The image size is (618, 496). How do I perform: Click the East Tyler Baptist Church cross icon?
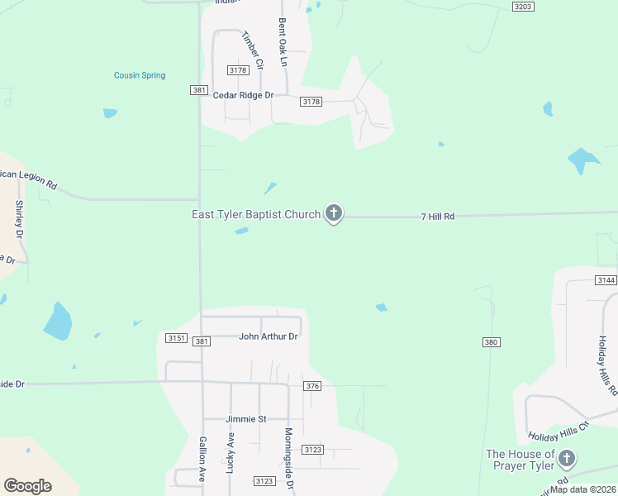pos(333,214)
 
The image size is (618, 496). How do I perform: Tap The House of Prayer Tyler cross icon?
pos(566,459)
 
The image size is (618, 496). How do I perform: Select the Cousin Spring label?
pos(140,75)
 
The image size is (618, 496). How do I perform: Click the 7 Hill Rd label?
pos(438,217)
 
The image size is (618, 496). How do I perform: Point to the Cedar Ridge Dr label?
pos(243,95)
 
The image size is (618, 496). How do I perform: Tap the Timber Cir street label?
pos(252,50)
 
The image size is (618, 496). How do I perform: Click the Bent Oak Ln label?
pos(283,42)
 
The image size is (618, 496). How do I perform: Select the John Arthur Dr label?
pos(268,336)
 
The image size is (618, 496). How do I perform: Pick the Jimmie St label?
pos(246,419)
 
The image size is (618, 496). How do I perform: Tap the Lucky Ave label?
pos(231,452)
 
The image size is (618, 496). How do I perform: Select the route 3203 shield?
pos(523,6)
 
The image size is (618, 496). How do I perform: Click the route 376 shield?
pos(311,386)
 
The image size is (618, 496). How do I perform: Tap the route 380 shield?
pos(491,341)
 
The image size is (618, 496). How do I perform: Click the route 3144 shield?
pos(606,280)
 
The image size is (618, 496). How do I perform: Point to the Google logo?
pos(27,486)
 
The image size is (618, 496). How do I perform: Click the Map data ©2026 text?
pos(582,489)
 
